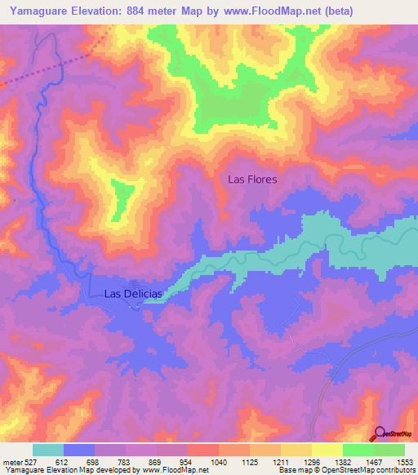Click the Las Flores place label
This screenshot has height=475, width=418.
[252, 179]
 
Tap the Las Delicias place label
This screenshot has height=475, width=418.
[135, 294]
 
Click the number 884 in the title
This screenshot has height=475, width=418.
[131, 11]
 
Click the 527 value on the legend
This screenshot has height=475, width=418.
[31, 461]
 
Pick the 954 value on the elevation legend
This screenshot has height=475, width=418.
[187, 461]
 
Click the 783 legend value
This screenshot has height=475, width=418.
[126, 461]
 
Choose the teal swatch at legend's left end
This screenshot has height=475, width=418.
[48, 450]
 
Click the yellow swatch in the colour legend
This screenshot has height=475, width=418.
[327, 450]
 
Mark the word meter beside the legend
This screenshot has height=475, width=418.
[11, 461]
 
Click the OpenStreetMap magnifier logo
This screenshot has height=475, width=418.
[380, 434]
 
